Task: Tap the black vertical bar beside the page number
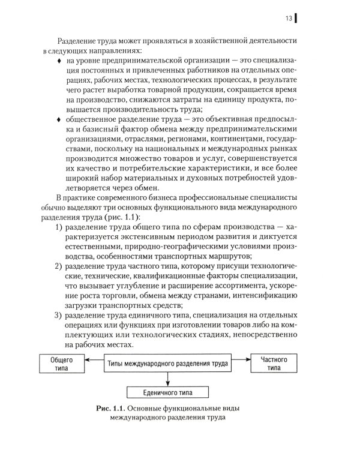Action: [297, 18]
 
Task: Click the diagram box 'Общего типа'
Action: [61, 364]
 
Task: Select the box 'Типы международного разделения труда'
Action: [167, 364]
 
